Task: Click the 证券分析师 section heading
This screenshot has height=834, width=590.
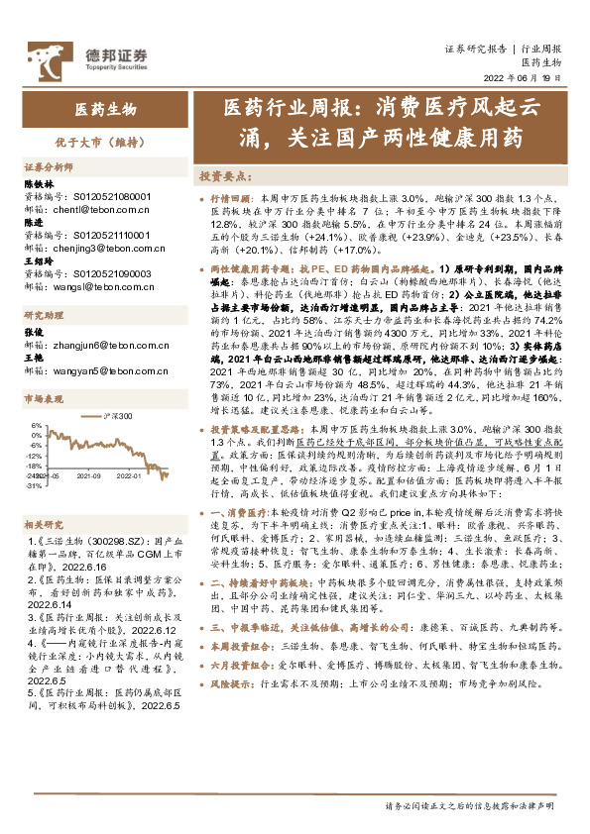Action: (49, 168)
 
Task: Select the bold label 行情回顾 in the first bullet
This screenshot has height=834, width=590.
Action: (233, 198)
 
